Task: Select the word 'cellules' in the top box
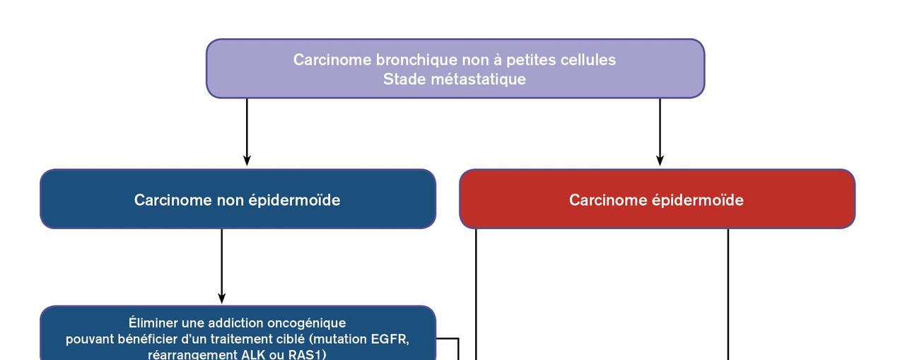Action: [x=588, y=60]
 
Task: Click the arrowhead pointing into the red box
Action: [x=660, y=161]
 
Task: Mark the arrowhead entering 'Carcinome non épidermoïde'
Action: [x=247, y=161]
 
